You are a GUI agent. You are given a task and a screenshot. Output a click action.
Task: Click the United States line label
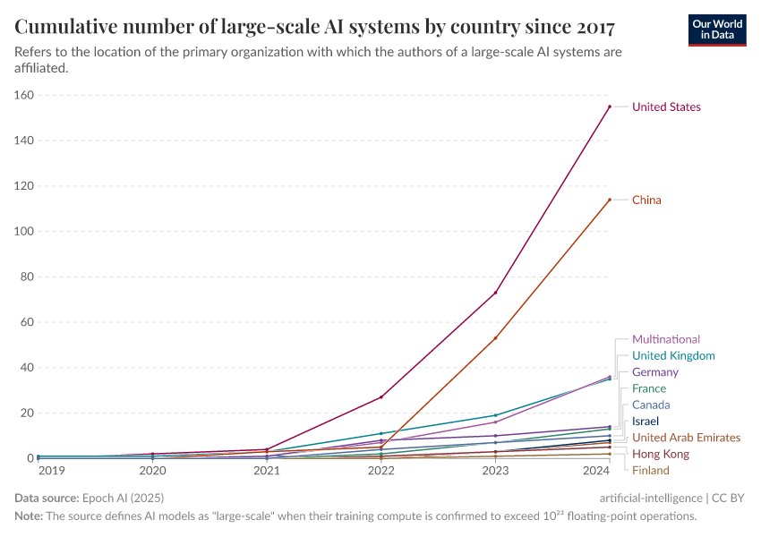coord(666,107)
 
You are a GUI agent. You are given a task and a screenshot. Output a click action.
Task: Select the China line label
coord(646,200)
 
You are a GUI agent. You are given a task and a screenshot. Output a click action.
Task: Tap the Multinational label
coord(666,339)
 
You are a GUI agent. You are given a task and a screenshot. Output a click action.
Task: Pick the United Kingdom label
coord(673,355)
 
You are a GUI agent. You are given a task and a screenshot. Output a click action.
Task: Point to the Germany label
coord(654,371)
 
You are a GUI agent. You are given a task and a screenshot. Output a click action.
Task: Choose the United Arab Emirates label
coord(686,438)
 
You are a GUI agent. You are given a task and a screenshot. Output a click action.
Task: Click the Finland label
coord(650,470)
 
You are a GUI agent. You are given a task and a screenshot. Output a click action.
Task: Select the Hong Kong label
coord(661,454)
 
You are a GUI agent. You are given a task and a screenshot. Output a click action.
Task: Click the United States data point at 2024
coord(610,107)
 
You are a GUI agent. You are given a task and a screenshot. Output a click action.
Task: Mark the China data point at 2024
coord(610,200)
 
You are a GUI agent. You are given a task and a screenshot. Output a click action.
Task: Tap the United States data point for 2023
coord(495,293)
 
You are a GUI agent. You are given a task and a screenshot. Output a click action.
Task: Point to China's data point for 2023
coord(495,338)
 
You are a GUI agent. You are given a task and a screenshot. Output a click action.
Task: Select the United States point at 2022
coord(381,397)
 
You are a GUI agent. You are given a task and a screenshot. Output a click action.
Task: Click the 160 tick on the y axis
coord(24,95)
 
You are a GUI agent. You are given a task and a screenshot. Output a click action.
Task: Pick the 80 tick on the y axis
coord(27,277)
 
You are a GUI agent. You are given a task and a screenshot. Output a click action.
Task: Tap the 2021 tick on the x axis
coord(267,470)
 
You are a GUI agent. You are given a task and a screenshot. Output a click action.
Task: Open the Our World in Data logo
coord(716,30)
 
